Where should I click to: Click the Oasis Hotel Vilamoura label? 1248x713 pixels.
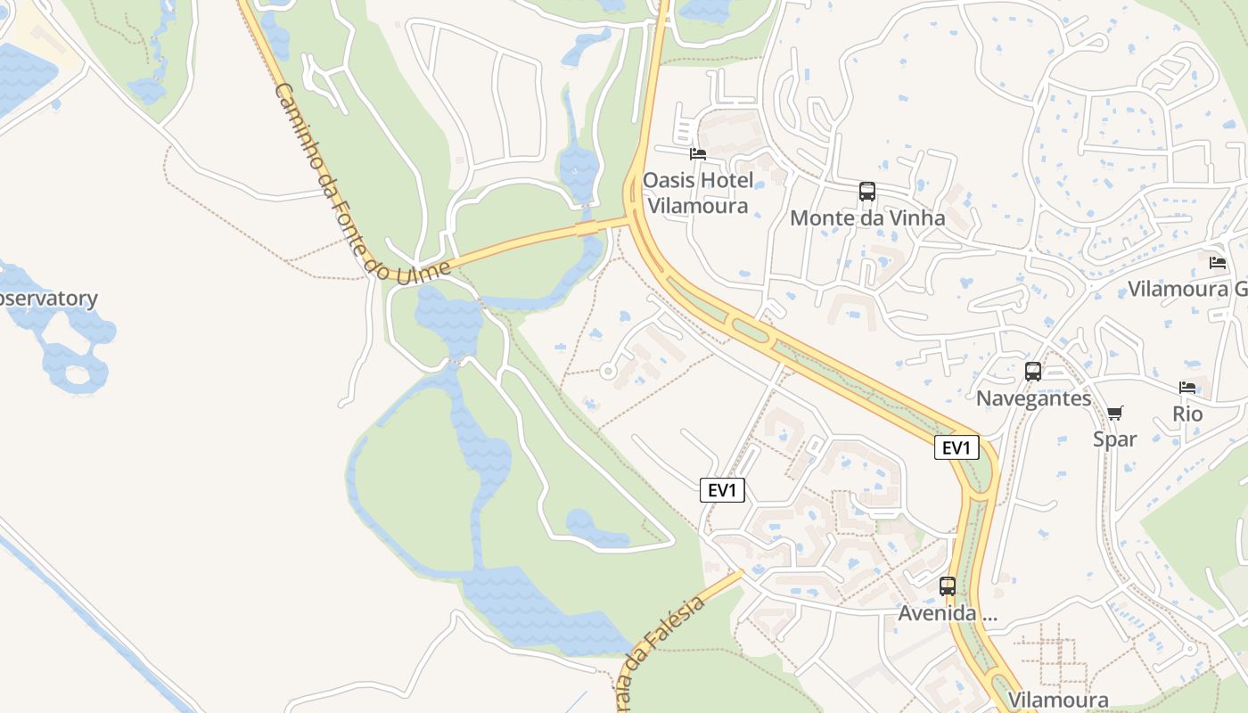(x=698, y=193)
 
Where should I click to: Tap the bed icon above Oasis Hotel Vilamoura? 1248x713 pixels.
(x=698, y=154)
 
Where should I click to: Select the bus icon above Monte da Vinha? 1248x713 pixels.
(x=866, y=191)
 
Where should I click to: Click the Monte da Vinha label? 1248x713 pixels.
(x=866, y=217)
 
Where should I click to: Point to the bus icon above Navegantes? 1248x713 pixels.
(x=1033, y=372)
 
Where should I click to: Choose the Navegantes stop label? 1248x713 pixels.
(x=1033, y=397)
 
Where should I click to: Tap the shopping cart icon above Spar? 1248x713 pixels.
(x=1114, y=413)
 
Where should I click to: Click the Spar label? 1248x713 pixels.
(x=1114, y=438)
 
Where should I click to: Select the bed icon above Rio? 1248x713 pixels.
(x=1187, y=388)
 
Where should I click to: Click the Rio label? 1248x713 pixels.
(x=1187, y=414)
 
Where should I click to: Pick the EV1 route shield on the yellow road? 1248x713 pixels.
(x=957, y=447)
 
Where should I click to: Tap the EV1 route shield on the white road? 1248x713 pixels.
(x=722, y=489)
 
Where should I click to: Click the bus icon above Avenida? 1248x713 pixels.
(x=947, y=586)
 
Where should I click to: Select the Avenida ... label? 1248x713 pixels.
(x=947, y=613)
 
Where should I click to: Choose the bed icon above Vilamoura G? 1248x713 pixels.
(x=1218, y=263)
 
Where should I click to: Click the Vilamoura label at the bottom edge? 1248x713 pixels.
(x=1058, y=700)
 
